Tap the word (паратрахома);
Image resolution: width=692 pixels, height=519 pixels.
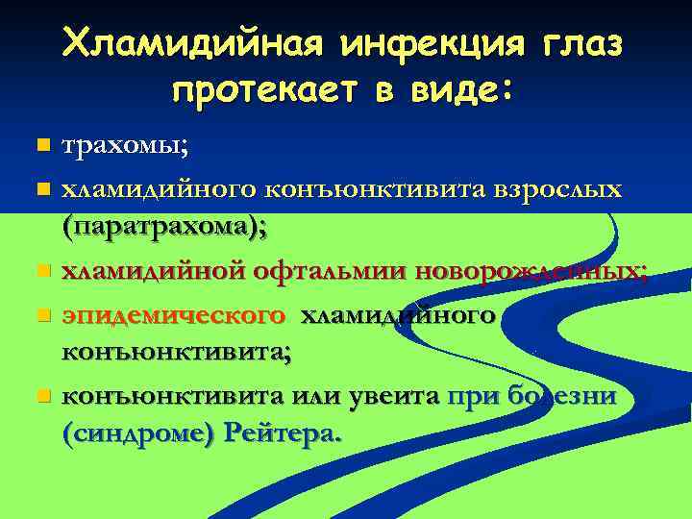click(164, 228)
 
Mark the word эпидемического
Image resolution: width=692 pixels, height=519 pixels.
click(174, 314)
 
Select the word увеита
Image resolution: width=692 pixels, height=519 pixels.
click(398, 395)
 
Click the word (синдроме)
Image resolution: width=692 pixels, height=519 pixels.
click(136, 433)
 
